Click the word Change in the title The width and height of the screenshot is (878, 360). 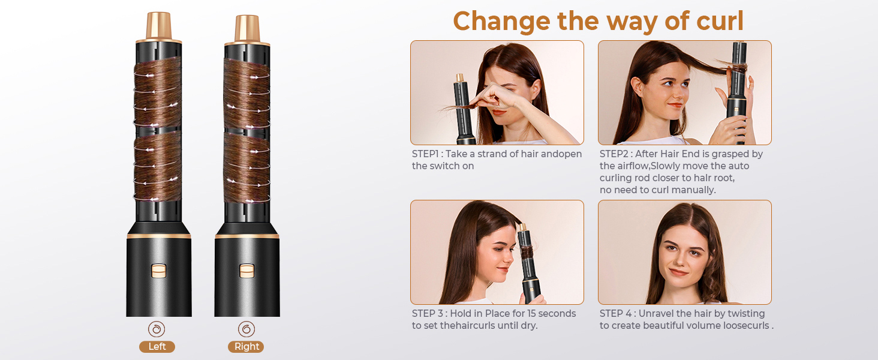pyautogui.click(x=501, y=22)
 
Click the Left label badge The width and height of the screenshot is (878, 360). pyautogui.click(x=157, y=347)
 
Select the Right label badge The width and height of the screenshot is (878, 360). pyautogui.click(x=246, y=347)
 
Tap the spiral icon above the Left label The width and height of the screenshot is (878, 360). pyautogui.click(x=157, y=329)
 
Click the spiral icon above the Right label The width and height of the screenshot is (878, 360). pyautogui.click(x=246, y=329)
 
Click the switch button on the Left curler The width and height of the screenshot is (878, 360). pyautogui.click(x=159, y=271)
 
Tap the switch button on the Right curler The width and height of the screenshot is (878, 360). pyautogui.click(x=247, y=271)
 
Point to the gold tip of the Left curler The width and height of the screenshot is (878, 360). pyautogui.click(x=159, y=26)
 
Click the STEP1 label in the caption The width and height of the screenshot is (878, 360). pyautogui.click(x=425, y=154)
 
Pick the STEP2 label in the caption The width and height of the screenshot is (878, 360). pyautogui.click(x=614, y=154)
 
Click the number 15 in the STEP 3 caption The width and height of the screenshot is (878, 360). pyautogui.click(x=531, y=313)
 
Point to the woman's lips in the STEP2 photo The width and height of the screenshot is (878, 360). pyautogui.click(x=675, y=105)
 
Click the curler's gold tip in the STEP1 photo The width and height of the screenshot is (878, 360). pyautogui.click(x=459, y=77)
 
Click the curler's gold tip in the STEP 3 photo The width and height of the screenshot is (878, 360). pyautogui.click(x=522, y=227)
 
